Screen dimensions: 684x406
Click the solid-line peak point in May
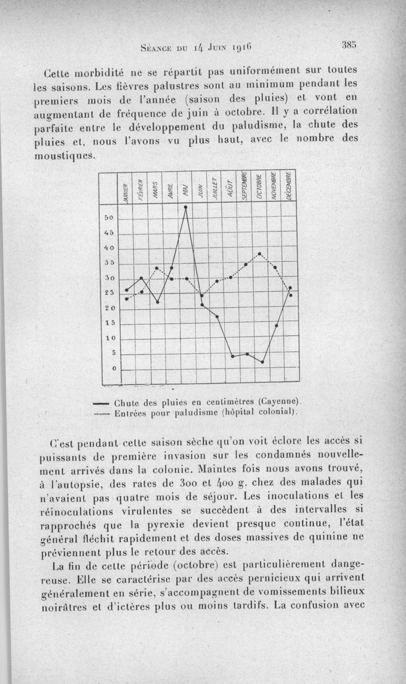186,207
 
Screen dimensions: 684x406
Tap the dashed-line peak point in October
260,254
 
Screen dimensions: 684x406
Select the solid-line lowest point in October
262,362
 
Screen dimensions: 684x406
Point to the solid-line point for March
157,302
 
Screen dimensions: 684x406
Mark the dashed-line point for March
157,268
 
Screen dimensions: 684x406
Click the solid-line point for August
232,356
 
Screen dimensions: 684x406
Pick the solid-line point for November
277,325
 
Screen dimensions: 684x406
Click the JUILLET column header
215,187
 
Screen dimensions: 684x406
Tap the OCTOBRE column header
259,188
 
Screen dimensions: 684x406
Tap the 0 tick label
114,368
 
